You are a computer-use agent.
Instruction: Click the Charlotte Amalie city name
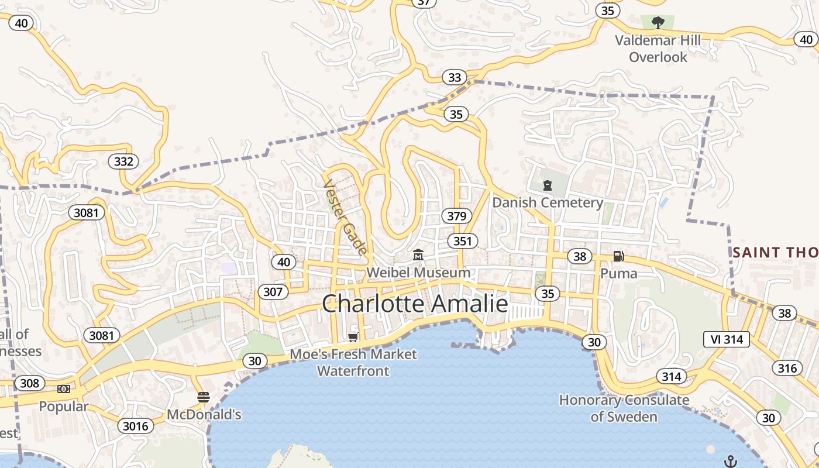coord(415,304)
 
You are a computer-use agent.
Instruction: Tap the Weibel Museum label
coord(418,273)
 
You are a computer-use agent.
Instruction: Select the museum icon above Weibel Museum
coord(418,255)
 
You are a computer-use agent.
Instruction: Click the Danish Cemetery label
coord(547,203)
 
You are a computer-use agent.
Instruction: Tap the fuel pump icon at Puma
coord(618,256)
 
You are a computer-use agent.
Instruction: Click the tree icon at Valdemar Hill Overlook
coord(658,23)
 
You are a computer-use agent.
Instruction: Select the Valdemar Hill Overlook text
coord(658,49)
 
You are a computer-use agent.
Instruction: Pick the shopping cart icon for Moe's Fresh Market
coord(353,337)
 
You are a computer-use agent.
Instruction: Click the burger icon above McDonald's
coord(204,397)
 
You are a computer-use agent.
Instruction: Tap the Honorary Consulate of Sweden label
coord(624,408)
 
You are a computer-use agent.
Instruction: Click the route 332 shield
coord(123,161)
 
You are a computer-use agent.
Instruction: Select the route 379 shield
coord(456,216)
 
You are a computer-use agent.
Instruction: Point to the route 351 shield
coord(462,240)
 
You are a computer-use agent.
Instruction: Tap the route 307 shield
coord(273,292)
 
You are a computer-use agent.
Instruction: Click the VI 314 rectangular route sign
coord(726,339)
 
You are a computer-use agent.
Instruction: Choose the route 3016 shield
coord(136,426)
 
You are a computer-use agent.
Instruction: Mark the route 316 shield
coord(787,368)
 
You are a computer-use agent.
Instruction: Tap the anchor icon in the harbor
coord(730,462)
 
